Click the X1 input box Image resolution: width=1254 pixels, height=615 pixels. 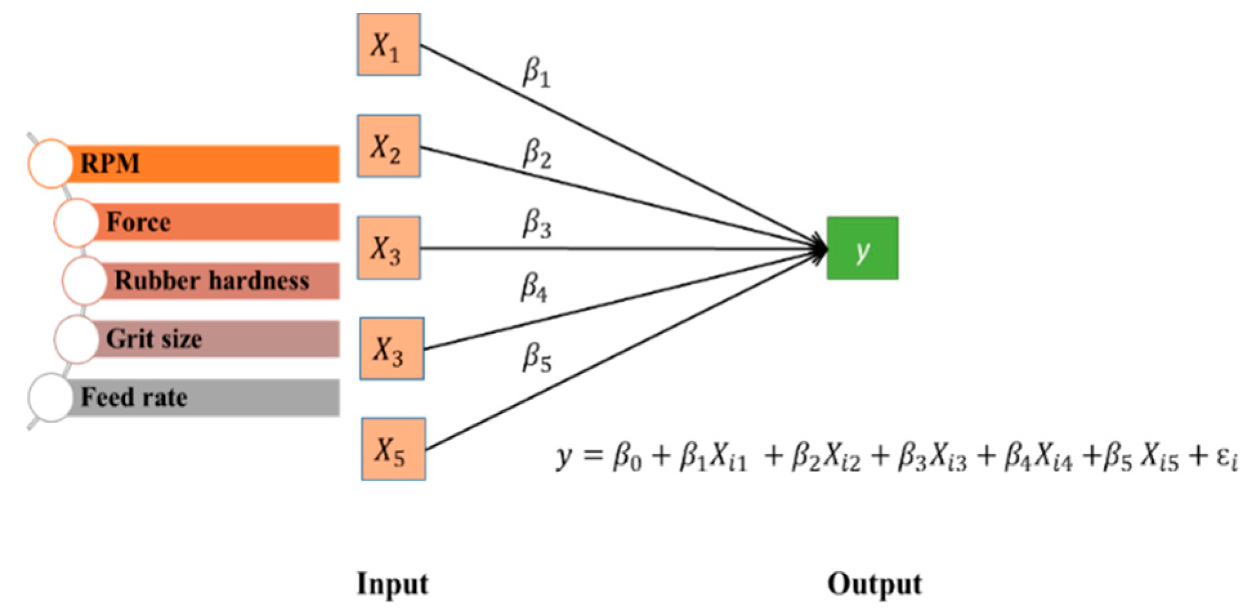tap(388, 45)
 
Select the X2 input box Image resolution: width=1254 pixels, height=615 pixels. tap(388, 146)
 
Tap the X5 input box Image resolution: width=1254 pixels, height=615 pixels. tap(393, 449)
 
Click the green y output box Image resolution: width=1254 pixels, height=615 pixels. tap(862, 248)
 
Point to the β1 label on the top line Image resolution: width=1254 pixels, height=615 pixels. tap(536, 72)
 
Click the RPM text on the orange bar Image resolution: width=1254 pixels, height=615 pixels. tap(109, 164)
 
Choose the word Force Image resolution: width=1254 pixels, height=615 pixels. tap(138, 222)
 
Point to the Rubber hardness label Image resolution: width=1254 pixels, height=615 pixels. tap(211, 281)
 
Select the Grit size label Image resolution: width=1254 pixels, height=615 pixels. tap(154, 339)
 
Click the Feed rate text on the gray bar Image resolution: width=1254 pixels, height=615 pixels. tap(134, 397)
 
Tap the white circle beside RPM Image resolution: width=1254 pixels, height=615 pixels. tap(50, 164)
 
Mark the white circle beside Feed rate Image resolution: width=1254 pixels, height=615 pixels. tap(50, 398)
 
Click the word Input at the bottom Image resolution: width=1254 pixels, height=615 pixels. tap(393, 584)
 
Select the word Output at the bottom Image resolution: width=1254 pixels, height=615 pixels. tap(874, 584)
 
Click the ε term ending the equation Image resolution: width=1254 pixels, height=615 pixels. tap(1226, 459)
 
